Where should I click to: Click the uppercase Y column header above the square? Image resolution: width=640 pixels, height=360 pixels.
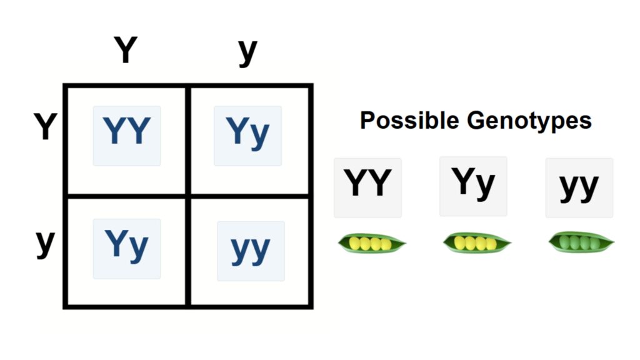(125, 51)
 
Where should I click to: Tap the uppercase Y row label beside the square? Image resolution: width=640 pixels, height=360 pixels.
(45, 127)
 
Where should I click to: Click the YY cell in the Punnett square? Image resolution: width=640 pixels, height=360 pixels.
(127, 135)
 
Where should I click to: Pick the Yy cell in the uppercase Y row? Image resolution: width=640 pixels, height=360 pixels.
(247, 135)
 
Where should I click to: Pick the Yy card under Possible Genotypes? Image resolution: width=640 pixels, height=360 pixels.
(473, 186)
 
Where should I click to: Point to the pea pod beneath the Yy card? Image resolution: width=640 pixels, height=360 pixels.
(477, 242)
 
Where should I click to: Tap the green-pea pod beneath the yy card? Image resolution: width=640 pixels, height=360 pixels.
(581, 242)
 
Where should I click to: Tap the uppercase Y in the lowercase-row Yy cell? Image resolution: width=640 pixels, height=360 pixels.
(116, 244)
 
